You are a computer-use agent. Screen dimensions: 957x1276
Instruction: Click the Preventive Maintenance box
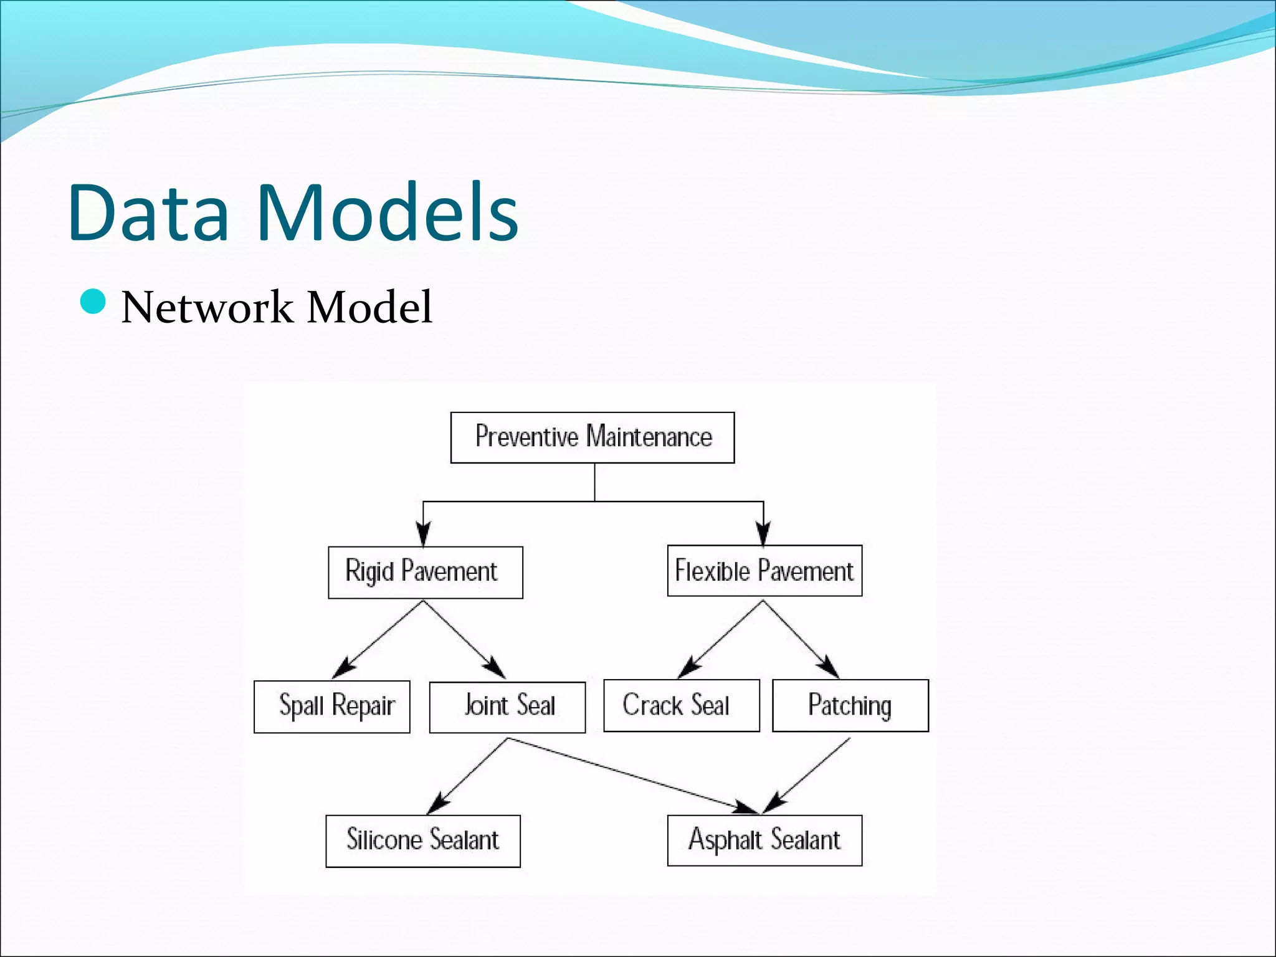point(592,437)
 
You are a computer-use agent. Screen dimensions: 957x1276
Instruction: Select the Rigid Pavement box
point(425,572)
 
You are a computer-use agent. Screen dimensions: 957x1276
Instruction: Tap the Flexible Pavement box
point(764,571)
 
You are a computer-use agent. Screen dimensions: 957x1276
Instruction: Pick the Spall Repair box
point(331,707)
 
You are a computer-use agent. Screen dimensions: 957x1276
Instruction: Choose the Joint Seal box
point(507,707)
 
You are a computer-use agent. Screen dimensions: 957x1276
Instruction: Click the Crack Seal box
point(681,705)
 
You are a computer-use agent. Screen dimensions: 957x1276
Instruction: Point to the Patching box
point(850,705)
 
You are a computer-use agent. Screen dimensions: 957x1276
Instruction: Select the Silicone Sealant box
point(422,840)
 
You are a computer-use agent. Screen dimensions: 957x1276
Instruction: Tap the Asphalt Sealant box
point(764,840)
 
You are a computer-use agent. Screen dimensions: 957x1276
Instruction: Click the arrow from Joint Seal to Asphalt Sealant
point(632,776)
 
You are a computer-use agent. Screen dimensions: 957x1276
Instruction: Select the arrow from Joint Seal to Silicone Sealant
point(469,776)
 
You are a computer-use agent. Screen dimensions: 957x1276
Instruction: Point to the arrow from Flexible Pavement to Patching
point(801,639)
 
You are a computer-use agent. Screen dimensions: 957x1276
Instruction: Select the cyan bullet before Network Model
point(93,302)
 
